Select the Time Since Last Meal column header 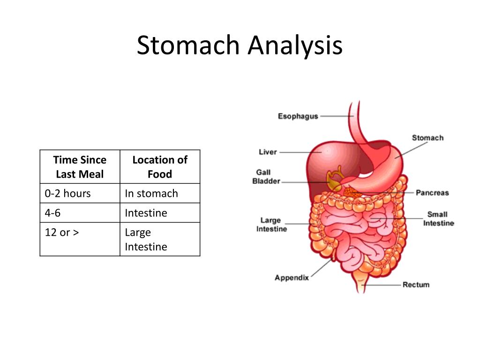pos(80,167)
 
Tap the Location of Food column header pos(160,167)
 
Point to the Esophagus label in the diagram pos(298,116)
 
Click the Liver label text pos(268,152)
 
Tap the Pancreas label pos(432,193)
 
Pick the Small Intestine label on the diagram pos(438,218)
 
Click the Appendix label pos(292,277)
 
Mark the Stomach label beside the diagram pos(427,138)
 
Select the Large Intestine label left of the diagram pos(271,225)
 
